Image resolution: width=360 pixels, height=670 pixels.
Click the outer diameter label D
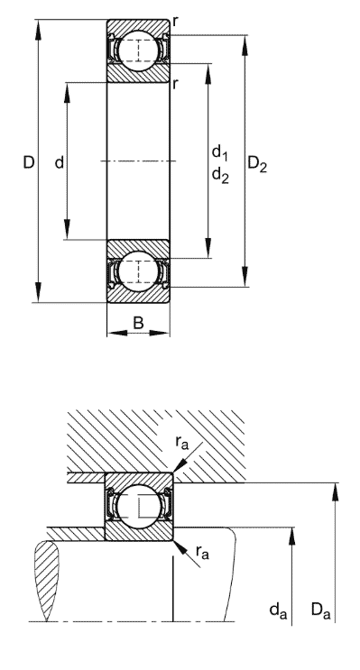(28, 163)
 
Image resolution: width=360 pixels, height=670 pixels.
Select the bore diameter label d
(59, 163)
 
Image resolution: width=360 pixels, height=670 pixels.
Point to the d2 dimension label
(219, 176)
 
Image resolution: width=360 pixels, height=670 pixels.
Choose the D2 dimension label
(257, 165)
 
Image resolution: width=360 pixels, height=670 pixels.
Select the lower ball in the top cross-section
(138, 271)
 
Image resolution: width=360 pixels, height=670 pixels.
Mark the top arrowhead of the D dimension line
(39, 23)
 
